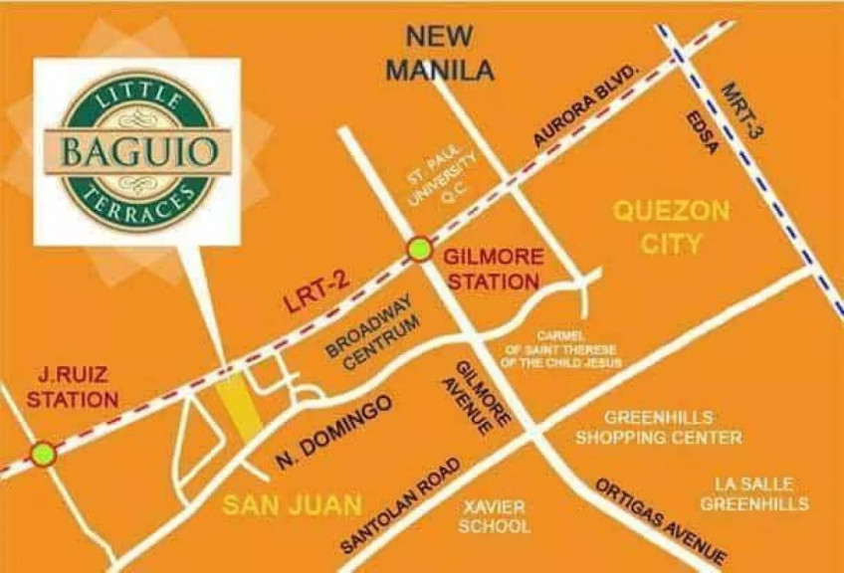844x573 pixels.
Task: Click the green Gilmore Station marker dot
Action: pyautogui.click(x=419, y=248)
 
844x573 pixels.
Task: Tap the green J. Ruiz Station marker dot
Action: pyautogui.click(x=43, y=454)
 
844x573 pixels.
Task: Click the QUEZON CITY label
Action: pyautogui.click(x=671, y=227)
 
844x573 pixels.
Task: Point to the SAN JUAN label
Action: pyautogui.click(x=292, y=504)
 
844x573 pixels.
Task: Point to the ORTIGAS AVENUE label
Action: pyautogui.click(x=660, y=521)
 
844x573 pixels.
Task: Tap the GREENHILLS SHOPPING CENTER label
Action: pyautogui.click(x=658, y=428)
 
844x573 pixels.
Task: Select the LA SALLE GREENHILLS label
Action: pyautogui.click(x=752, y=493)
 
